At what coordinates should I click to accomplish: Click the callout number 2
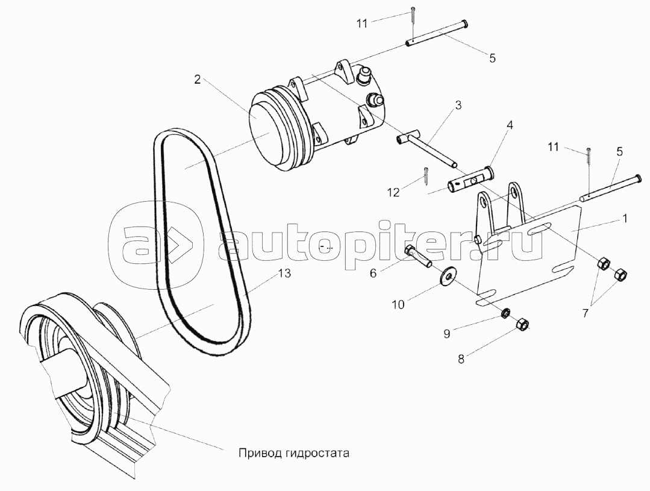[198, 79]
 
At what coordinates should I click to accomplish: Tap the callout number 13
[284, 274]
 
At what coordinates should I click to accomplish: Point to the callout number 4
[510, 125]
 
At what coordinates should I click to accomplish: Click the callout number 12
[393, 192]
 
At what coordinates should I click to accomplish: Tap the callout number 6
[373, 274]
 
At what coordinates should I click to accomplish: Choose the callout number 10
[398, 305]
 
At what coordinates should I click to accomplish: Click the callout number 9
[446, 334]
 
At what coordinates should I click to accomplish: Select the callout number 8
[461, 358]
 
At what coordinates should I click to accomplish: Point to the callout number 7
[585, 313]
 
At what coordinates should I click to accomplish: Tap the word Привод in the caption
[253, 453]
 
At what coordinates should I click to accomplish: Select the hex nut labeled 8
[522, 324]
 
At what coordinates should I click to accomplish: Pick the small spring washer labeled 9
[505, 313]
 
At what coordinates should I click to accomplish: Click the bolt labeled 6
[418, 256]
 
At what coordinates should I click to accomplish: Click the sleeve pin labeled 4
[470, 180]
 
